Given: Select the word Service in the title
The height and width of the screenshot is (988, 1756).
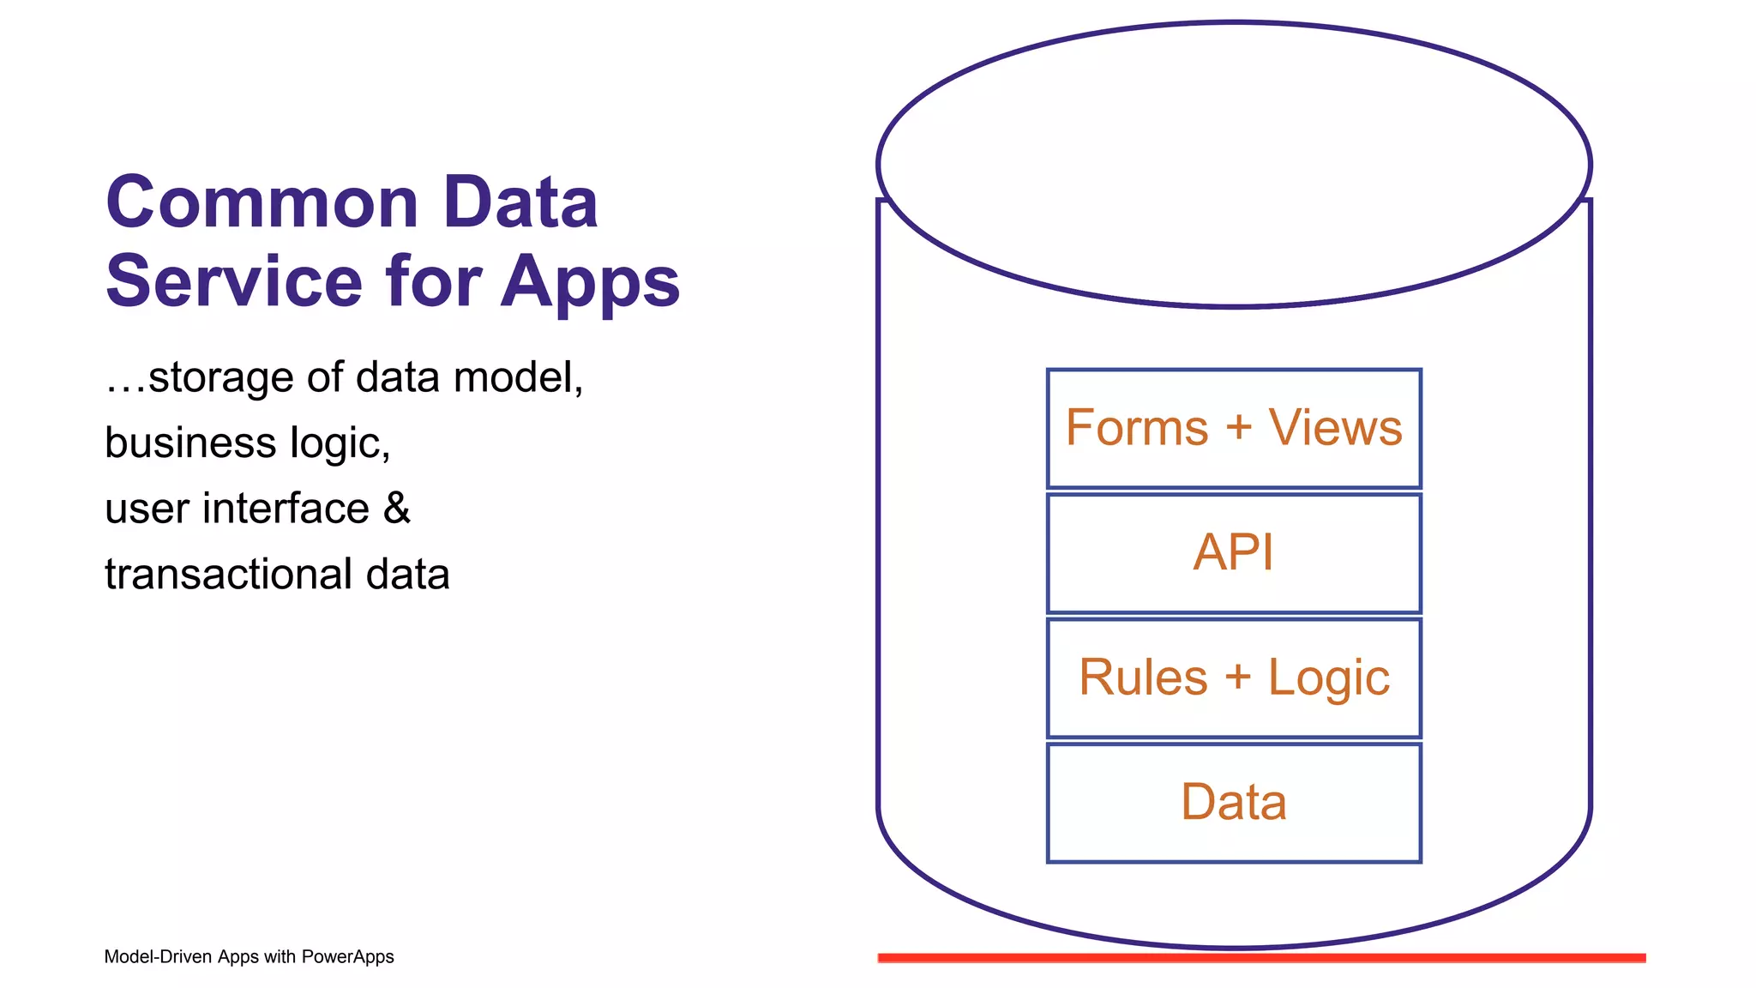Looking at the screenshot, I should coord(234,281).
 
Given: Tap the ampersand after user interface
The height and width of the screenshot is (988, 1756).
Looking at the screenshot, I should coord(397,508).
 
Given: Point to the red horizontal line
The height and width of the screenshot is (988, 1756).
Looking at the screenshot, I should coord(1261,957).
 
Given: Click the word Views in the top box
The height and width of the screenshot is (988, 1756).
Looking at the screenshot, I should coord(1335,427).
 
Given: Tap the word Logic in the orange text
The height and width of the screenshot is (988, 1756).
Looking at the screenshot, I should coord(1328,678).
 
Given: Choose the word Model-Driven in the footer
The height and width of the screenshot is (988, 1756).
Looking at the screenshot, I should coord(159,957).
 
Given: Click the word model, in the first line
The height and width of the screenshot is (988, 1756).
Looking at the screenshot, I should coord(518,377).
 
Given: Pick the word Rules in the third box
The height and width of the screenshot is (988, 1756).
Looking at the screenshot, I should coord(1142,678).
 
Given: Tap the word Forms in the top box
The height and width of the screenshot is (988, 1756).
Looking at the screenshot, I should coord(1136,427).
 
